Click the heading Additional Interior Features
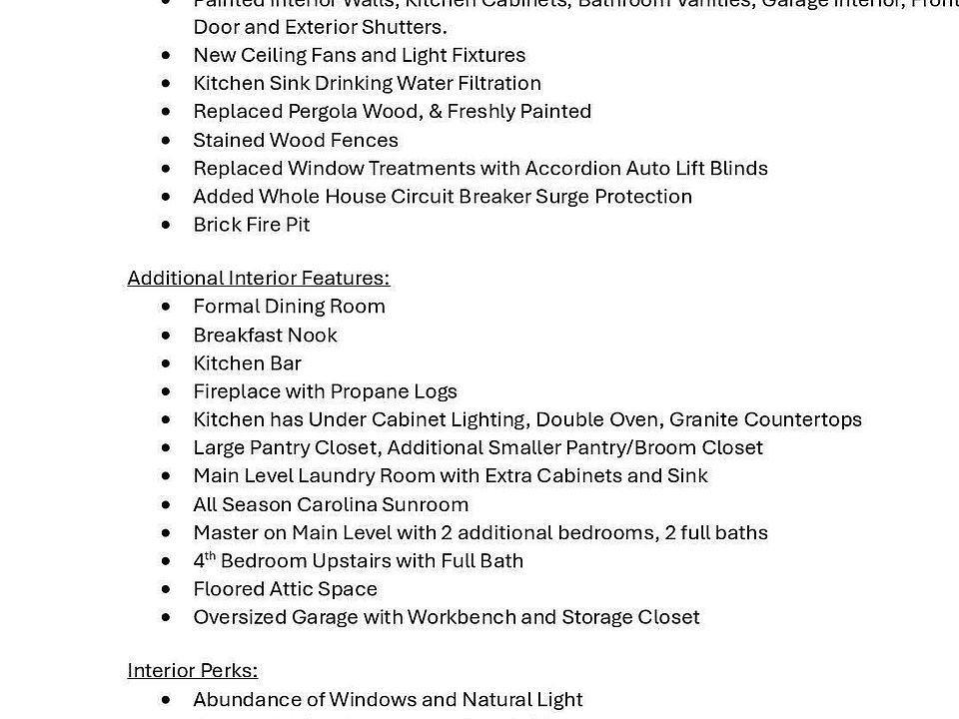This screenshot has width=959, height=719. point(258,278)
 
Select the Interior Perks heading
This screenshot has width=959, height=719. point(192,671)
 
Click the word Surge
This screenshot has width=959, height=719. point(562,196)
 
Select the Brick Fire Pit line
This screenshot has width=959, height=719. point(251,225)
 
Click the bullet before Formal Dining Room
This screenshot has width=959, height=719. point(166,307)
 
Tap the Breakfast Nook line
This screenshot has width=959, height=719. point(265,335)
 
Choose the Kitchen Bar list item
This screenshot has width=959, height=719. point(247,362)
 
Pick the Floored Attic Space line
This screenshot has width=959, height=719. point(285,589)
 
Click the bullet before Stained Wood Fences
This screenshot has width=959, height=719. point(166,141)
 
